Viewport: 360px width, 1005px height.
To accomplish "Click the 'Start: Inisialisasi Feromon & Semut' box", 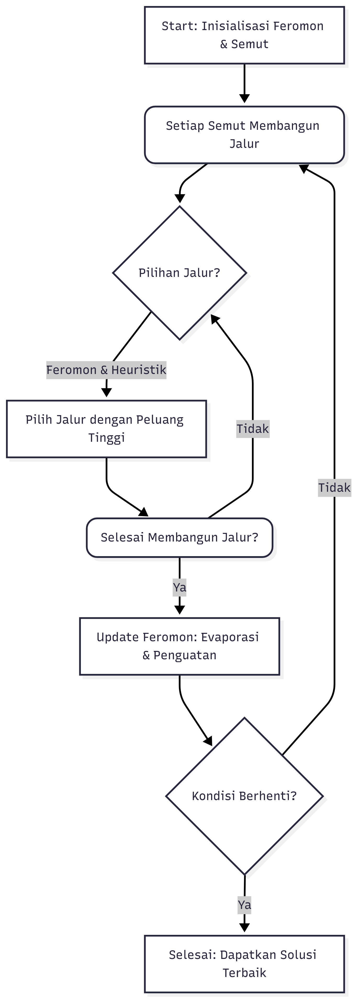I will tap(244, 35).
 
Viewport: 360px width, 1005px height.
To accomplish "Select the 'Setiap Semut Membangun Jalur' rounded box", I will tap(244, 135).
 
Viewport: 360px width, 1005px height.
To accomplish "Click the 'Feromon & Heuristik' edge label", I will tap(106, 370).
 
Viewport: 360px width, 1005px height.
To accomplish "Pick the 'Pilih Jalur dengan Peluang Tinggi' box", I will tap(106, 429).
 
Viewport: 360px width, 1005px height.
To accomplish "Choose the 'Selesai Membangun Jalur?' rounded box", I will tap(179, 538).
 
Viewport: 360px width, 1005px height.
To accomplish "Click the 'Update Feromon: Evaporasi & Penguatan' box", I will tap(179, 646).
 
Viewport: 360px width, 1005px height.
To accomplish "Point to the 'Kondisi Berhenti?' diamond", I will tap(244, 796).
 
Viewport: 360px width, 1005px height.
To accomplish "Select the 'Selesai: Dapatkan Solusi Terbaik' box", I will tap(244, 964).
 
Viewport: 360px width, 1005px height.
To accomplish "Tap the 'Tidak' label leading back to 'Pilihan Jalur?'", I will tap(253, 429).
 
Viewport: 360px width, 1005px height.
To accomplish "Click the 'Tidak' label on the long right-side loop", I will tap(334, 488).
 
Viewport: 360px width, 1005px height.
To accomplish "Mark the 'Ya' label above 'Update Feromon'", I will tap(179, 587).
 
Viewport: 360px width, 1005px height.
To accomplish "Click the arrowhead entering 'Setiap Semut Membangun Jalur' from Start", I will tap(244, 99).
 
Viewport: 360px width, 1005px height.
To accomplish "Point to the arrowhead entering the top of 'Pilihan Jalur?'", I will tap(179, 198).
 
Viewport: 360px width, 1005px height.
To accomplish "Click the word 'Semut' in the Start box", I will tap(250, 44).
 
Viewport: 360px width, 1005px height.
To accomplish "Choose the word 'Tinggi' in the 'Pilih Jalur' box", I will tap(106, 438).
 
